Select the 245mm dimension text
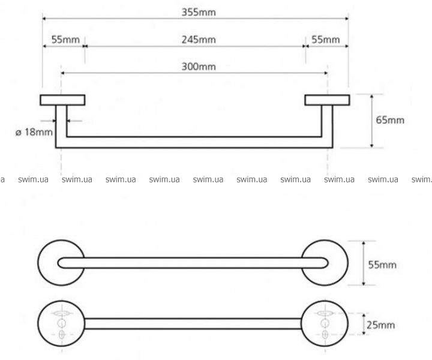(199, 40)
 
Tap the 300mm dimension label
(199, 67)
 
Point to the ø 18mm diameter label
(34, 131)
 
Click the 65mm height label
(390, 120)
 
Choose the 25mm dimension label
(381, 325)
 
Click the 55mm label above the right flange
(325, 40)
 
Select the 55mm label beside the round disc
(382, 265)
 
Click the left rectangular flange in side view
(62, 100)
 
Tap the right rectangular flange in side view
(326, 100)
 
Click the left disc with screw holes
(60, 324)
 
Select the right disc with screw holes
(326, 324)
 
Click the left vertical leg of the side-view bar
(61, 126)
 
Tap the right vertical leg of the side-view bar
(328, 126)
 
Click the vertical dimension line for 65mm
(373, 120)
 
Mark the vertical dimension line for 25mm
(362, 324)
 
